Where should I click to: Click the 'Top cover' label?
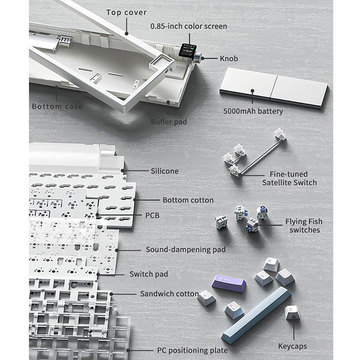click(x=126, y=13)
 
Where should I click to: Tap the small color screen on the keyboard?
click(x=187, y=50)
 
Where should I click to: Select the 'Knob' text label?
click(x=229, y=59)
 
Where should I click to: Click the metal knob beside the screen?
click(x=199, y=56)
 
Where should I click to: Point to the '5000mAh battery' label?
click(x=253, y=112)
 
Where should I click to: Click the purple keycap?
click(x=229, y=283)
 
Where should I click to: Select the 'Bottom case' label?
click(x=57, y=106)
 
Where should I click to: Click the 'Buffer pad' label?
click(x=169, y=122)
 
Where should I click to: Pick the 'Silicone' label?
click(x=164, y=171)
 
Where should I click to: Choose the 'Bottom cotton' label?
click(x=188, y=200)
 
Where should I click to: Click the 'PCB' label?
click(x=152, y=215)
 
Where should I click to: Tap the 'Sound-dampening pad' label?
click(x=185, y=250)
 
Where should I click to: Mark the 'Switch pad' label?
click(x=149, y=274)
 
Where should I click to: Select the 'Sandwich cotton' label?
click(x=169, y=293)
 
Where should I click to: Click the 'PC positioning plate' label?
click(x=192, y=350)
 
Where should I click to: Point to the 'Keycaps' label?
click(x=292, y=346)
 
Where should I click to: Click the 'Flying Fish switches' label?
click(x=304, y=226)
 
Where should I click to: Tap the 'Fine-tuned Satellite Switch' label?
click(x=289, y=178)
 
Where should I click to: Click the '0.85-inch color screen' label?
click(x=189, y=26)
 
